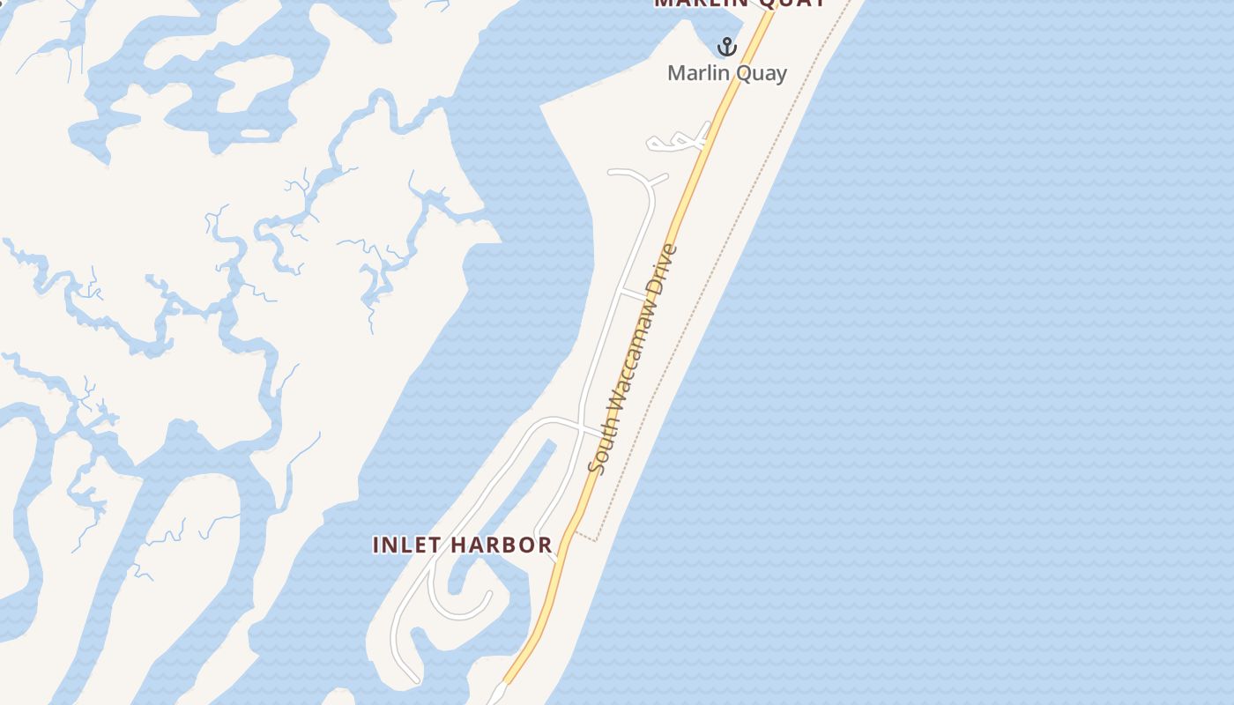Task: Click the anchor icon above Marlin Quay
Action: click(x=727, y=47)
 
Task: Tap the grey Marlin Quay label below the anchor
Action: click(x=727, y=73)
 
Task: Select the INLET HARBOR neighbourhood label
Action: click(x=463, y=545)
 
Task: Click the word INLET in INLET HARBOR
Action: click(x=406, y=545)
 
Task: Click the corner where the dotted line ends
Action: click(x=598, y=539)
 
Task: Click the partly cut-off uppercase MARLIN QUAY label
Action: click(x=740, y=3)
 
